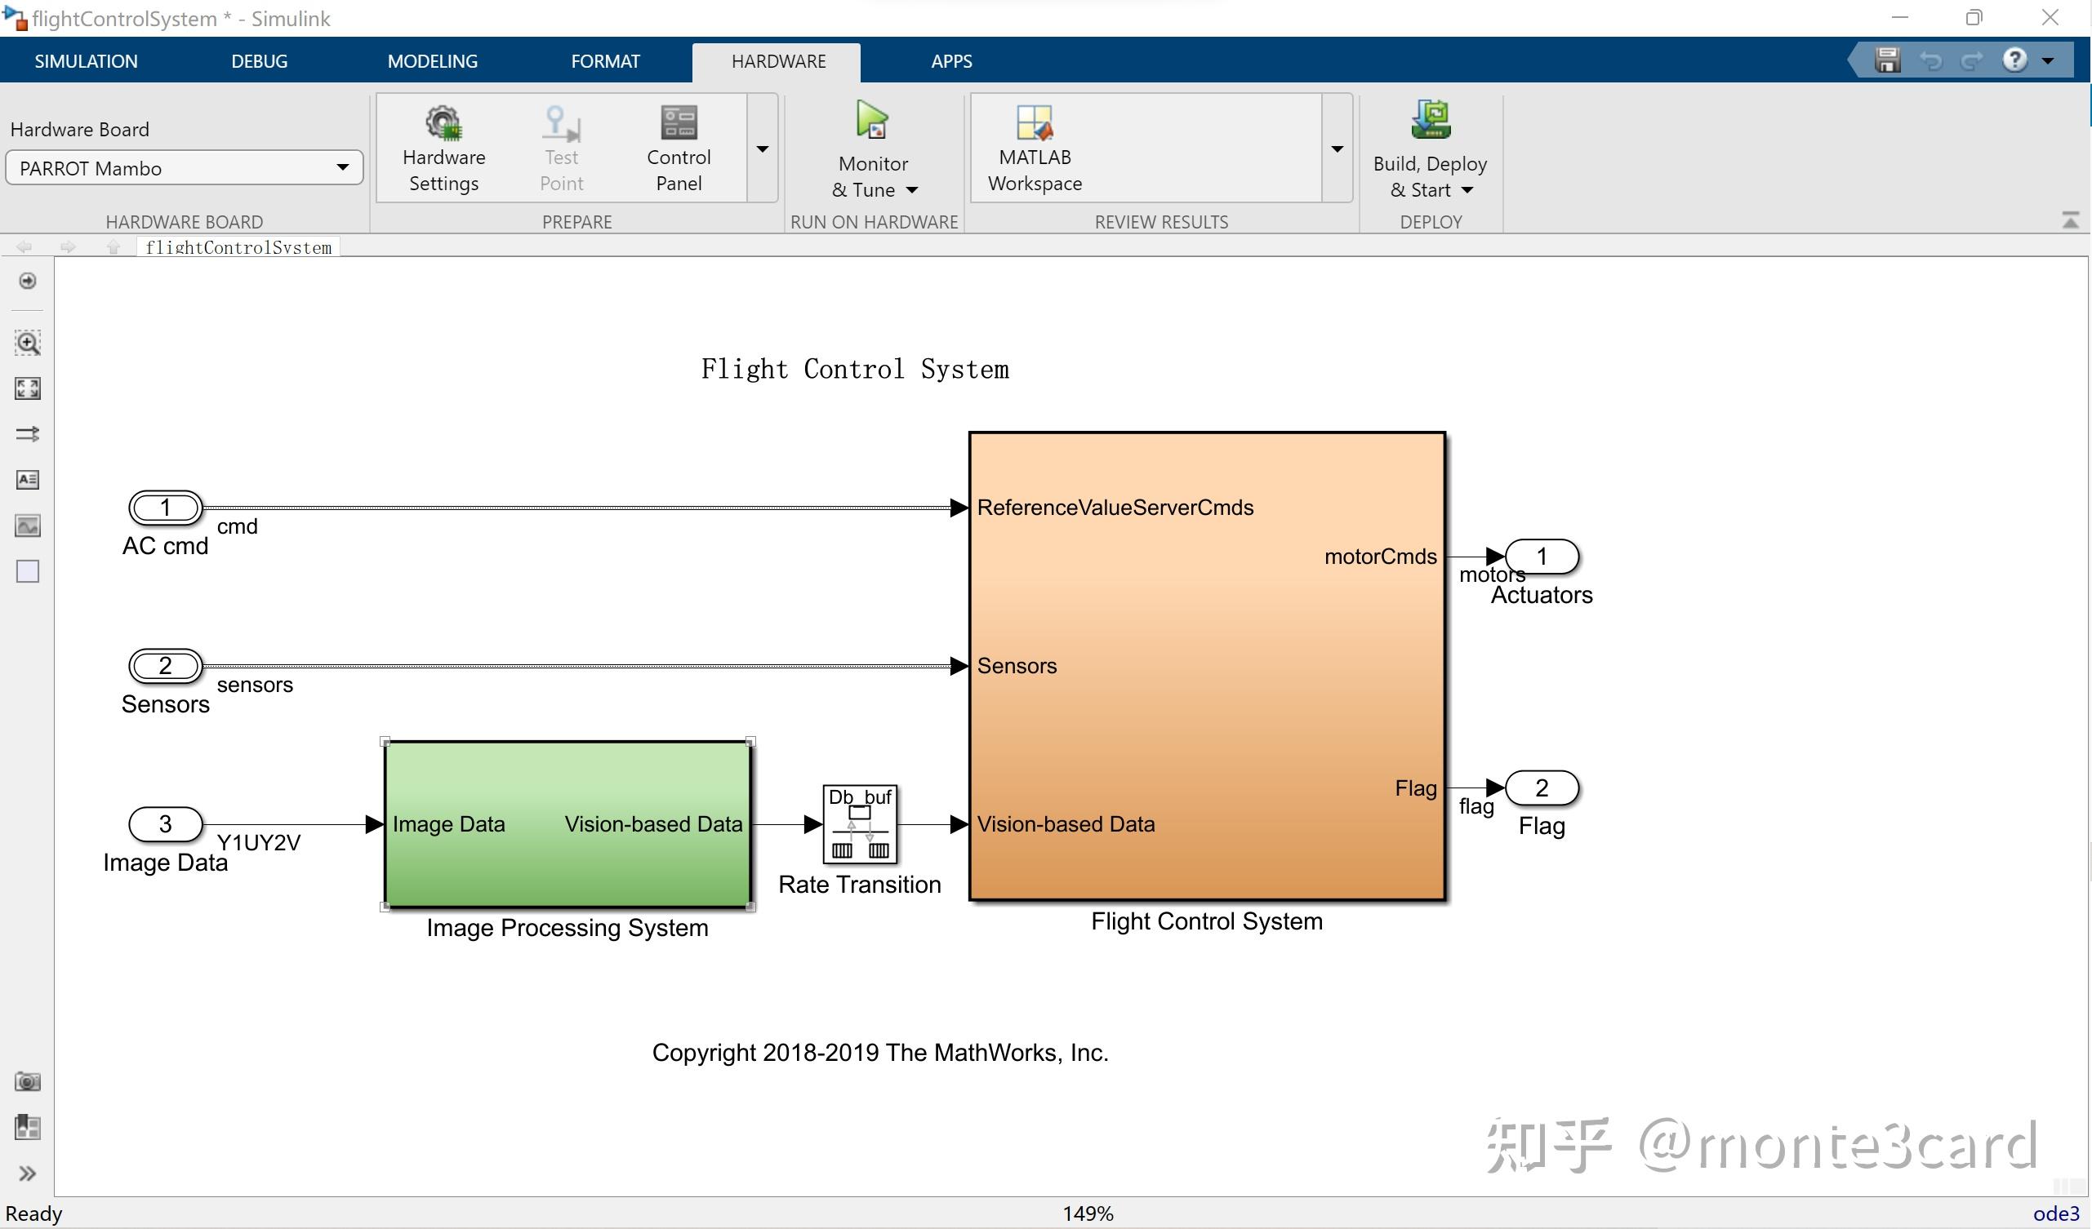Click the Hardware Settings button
click(443, 149)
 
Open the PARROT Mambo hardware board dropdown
click(185, 167)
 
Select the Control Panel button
click(679, 149)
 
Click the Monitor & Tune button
click(874, 150)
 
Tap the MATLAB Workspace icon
click(1035, 122)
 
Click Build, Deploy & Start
click(1430, 150)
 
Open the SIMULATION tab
click(86, 60)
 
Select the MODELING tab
click(432, 60)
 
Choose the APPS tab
click(951, 60)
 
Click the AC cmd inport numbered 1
click(165, 507)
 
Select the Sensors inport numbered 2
click(165, 666)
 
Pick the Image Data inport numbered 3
click(165, 824)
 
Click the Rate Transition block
click(860, 824)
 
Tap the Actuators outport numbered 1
click(1542, 556)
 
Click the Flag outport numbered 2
click(1542, 788)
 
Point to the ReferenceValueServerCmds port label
click(1115, 507)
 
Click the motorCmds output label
click(1380, 556)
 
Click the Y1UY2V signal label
click(258, 842)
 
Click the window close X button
click(2050, 17)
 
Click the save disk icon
click(1887, 60)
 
